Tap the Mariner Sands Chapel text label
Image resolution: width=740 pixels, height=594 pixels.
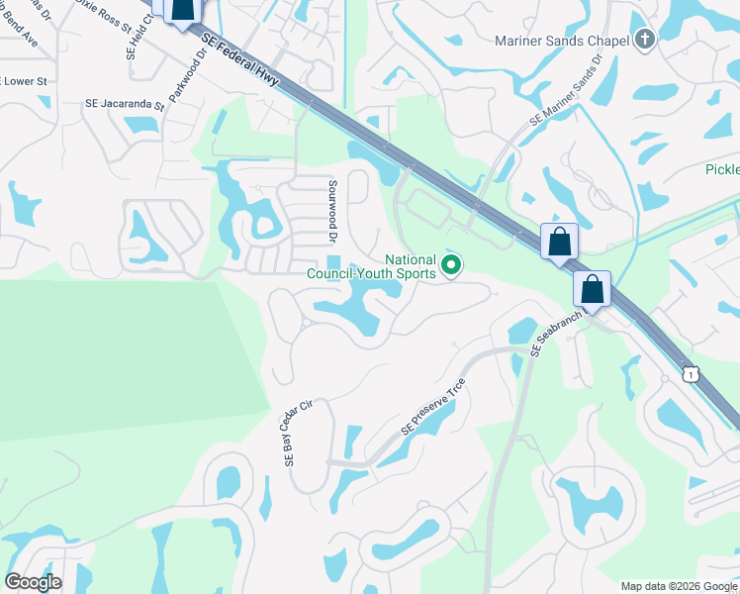(562, 41)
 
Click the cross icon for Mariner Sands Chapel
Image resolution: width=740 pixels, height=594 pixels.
(645, 41)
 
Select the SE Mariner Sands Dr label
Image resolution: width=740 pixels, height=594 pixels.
(566, 89)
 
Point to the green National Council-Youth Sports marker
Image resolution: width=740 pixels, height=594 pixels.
(451, 265)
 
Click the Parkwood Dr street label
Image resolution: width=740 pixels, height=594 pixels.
(186, 78)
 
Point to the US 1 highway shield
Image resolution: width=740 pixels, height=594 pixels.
(691, 373)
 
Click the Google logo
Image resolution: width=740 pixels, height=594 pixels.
(33, 581)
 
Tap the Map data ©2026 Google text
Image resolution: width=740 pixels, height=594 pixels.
(679, 586)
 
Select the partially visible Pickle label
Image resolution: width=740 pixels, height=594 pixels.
(721, 169)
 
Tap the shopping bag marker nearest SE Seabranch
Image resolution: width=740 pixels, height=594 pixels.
(592, 289)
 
